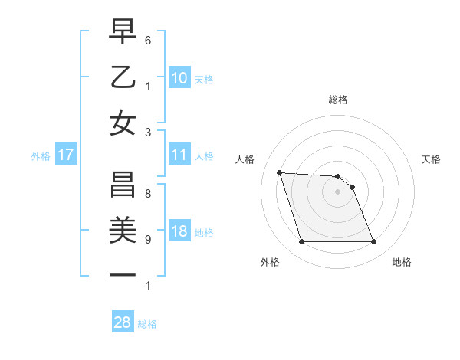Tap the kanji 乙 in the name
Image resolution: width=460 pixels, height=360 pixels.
pos(123,78)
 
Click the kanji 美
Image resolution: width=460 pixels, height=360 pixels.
pos(123,231)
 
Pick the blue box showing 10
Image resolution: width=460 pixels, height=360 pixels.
pos(179,78)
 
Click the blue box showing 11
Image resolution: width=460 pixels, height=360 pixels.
pos(179,155)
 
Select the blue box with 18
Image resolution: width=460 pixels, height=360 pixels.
pos(179,232)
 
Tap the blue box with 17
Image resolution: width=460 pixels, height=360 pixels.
pos(66,155)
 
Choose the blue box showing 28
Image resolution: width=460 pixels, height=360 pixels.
pos(123,322)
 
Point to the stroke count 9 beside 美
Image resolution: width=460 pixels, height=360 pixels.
pos(148,239)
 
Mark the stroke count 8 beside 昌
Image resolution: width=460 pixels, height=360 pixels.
pos(148,194)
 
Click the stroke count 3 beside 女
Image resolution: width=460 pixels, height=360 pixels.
pos(148,131)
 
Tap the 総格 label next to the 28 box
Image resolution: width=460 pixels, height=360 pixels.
pos(147,324)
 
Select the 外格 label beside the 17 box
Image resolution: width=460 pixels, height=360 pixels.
pos(41,156)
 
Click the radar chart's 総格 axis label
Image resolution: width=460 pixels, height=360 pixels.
pos(337,100)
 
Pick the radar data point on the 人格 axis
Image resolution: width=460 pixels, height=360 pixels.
pos(279,172)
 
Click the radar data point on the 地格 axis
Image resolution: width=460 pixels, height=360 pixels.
pos(373,242)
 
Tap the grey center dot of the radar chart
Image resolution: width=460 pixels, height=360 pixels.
pos(337,191)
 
